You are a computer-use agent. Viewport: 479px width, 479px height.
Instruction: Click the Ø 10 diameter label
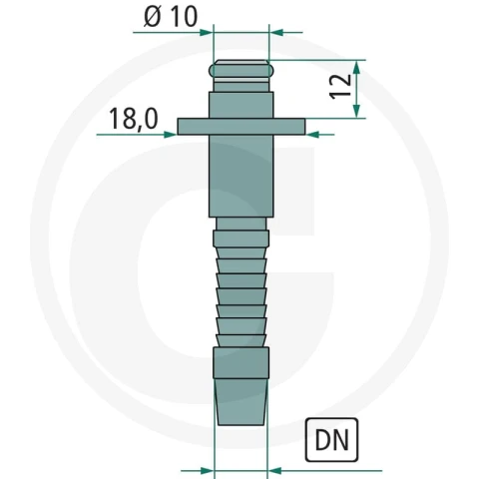(171, 17)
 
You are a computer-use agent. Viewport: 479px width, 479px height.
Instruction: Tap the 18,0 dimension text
(134, 119)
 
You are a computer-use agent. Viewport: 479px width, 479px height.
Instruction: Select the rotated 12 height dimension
(341, 86)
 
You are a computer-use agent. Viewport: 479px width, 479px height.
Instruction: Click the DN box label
(331, 440)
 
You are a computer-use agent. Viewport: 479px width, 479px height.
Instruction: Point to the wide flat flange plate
(241, 127)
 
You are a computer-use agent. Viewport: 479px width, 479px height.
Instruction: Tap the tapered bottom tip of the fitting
(241, 402)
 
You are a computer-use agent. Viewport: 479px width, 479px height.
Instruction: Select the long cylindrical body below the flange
(241, 176)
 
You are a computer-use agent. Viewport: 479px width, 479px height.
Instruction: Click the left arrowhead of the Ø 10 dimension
(206, 32)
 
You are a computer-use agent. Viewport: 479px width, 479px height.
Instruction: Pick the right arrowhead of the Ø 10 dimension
(275, 32)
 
